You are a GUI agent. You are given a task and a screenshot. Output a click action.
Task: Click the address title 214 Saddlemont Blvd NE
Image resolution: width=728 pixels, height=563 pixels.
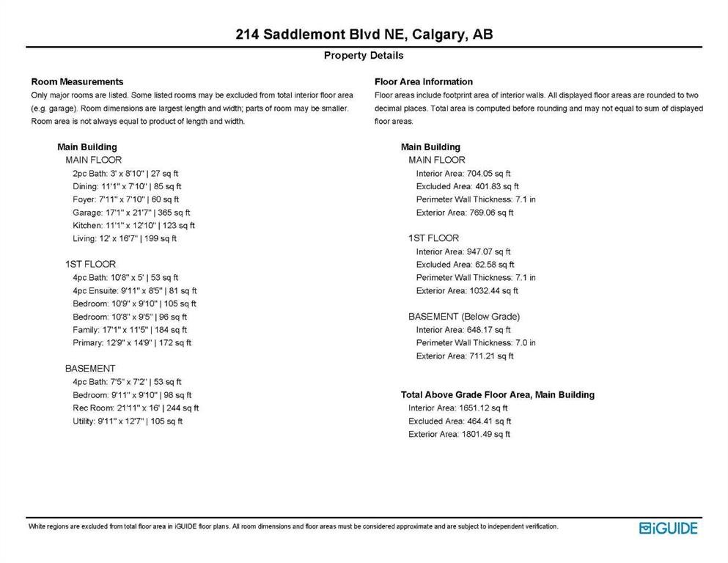[364, 34]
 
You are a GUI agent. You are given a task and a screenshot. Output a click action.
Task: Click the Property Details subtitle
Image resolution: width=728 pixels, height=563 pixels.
[364, 56]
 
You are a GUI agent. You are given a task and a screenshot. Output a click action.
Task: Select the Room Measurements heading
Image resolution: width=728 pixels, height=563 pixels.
[77, 81]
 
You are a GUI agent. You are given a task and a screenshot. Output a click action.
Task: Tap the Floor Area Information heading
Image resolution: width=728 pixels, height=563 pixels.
[424, 81]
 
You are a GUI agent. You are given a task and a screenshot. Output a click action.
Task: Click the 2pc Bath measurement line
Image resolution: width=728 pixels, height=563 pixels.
[125, 174]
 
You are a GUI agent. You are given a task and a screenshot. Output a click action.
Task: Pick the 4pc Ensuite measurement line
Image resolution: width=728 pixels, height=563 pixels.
[135, 291]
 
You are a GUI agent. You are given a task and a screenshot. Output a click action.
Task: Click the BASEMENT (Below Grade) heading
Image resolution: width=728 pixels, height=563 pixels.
[464, 317]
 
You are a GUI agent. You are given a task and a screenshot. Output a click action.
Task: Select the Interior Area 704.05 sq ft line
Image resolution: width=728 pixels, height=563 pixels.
[463, 174]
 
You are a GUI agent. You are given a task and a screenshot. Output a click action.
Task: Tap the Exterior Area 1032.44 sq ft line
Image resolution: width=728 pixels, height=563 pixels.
[467, 291]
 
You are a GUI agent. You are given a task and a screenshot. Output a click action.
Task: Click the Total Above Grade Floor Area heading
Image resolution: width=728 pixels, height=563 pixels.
[498, 395]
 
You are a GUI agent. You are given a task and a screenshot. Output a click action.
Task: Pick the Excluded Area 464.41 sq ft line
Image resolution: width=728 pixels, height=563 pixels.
[460, 422]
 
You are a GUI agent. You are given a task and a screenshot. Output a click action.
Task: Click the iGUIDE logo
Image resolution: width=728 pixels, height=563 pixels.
[668, 528]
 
